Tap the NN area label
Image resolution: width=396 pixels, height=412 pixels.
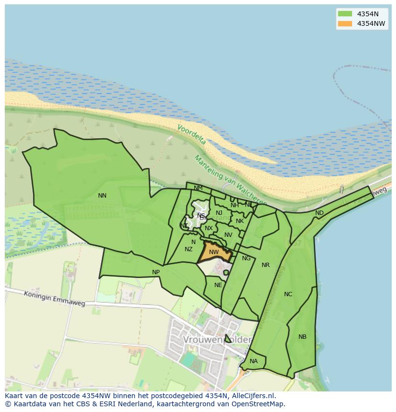point(102,196)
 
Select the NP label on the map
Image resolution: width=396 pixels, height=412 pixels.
point(156,272)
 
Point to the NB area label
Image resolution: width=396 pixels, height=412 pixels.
point(302,337)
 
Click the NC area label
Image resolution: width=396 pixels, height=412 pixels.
point(288,294)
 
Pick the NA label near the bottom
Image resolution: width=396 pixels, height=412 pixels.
point(253,361)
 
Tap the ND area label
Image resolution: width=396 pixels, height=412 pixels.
point(319,213)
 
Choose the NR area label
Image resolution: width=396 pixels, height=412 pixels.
point(265,265)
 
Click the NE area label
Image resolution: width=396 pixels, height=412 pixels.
point(218,285)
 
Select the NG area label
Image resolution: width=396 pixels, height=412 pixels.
point(246,258)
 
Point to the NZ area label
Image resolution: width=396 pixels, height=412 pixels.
point(188,249)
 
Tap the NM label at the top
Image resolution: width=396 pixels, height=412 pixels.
point(198,188)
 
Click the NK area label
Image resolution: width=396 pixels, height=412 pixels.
point(240,221)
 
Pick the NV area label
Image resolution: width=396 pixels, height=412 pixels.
point(228,235)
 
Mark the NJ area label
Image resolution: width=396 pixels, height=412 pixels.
point(219,213)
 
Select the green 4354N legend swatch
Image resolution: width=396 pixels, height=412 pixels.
point(344,14)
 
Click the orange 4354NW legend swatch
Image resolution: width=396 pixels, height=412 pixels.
point(344,23)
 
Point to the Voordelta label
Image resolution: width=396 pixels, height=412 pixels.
point(191,135)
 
